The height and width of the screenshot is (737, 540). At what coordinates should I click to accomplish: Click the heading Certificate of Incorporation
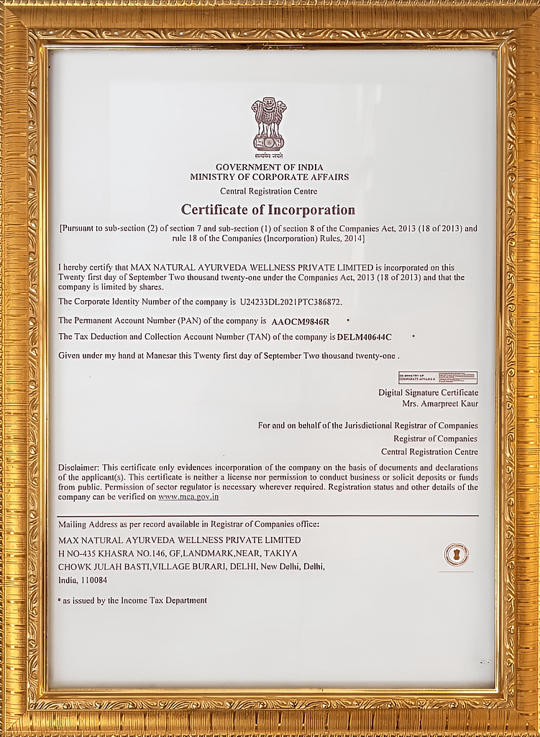(x=268, y=210)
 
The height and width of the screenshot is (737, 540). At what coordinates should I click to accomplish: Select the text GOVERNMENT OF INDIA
(x=270, y=167)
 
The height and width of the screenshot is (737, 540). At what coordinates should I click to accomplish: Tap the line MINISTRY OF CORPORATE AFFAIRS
(x=270, y=176)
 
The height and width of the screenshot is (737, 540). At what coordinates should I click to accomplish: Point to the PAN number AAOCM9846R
(x=300, y=322)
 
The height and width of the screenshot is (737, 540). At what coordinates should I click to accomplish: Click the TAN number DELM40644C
(x=365, y=337)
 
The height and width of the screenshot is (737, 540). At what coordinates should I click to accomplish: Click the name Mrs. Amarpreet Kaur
(x=440, y=404)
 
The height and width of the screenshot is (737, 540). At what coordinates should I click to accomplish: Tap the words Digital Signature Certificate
(x=428, y=392)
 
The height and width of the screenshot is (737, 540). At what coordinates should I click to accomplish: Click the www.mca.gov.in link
(x=188, y=497)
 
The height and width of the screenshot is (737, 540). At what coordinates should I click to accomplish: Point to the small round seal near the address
(x=456, y=554)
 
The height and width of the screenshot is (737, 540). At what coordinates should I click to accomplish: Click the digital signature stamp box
(x=437, y=377)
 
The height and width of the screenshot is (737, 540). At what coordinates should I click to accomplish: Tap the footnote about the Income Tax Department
(x=134, y=600)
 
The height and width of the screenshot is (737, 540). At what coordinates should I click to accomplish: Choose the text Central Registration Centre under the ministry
(x=268, y=191)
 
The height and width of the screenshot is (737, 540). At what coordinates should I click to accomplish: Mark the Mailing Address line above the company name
(x=188, y=524)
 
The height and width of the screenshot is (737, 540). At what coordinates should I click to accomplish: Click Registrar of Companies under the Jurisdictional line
(x=435, y=438)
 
